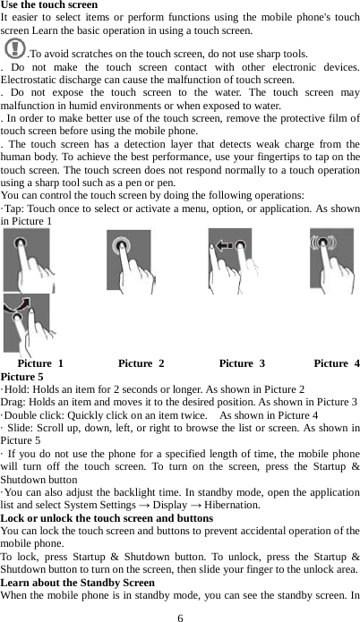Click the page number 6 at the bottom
click(180, 617)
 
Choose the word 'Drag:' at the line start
click(15, 403)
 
